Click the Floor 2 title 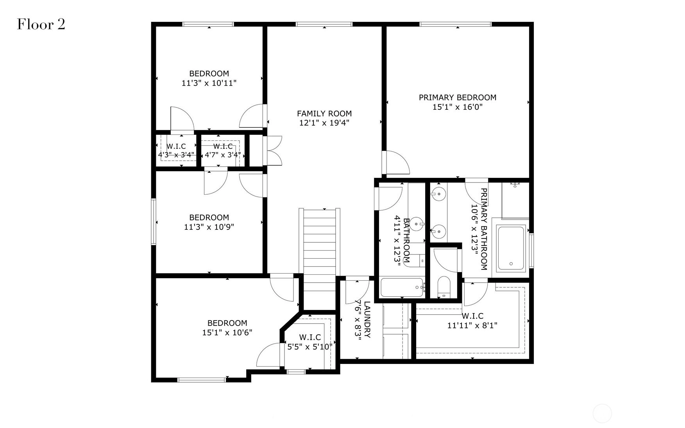(x=41, y=25)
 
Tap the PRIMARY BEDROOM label (x=458, y=97)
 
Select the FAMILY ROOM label (x=324, y=113)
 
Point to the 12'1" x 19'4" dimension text (x=324, y=123)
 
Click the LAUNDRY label (x=367, y=319)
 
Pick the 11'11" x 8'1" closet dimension (x=472, y=325)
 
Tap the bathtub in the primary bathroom (x=511, y=248)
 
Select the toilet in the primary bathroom (x=444, y=287)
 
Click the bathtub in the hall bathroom (x=402, y=288)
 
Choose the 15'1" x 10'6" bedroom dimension (x=227, y=333)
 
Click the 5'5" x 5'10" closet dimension (x=310, y=346)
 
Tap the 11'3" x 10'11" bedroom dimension (x=209, y=83)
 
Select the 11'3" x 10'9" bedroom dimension (x=209, y=227)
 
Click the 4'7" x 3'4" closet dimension (x=223, y=154)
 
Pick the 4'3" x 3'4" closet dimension (x=176, y=154)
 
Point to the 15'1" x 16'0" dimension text (x=458, y=107)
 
